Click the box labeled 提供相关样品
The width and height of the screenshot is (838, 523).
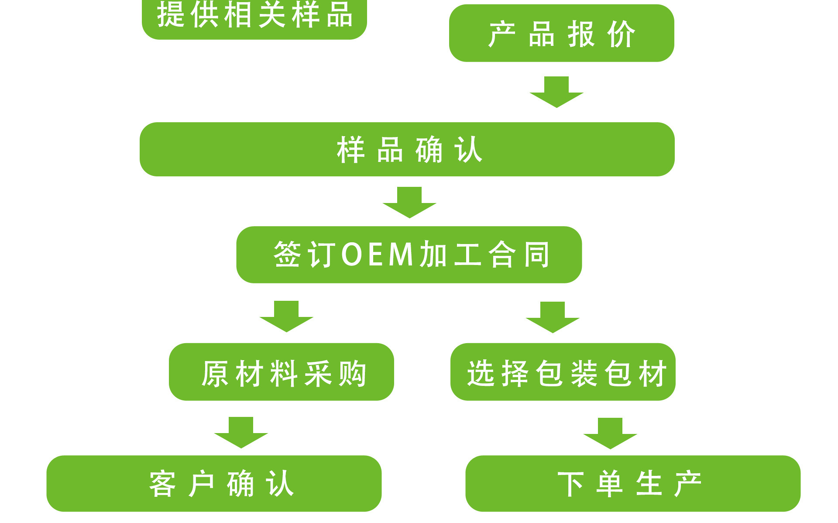point(254,17)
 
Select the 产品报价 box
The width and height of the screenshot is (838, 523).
point(561,34)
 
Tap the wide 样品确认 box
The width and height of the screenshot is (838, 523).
point(407,149)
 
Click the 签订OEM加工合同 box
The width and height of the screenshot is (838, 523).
point(409,255)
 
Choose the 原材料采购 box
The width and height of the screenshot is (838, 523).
point(282,372)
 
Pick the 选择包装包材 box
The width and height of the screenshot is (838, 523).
point(563,372)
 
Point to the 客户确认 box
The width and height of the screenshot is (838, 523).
point(214,483)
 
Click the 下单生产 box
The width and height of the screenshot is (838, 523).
point(632,483)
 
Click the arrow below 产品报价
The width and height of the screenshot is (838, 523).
point(556,93)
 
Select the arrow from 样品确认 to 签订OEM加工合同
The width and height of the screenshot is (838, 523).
point(409,203)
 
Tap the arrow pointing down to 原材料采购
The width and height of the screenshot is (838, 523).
point(286,317)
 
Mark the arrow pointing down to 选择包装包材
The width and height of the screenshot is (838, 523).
point(553,318)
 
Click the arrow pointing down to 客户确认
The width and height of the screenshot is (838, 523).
point(241,433)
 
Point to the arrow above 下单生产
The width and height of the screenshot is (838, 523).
point(610,434)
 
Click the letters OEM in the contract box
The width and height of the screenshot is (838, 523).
point(377,255)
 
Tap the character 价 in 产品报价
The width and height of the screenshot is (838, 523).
point(622,34)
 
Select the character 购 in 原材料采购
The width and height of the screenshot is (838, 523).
point(353,373)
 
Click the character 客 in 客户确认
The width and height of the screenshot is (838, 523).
point(162,484)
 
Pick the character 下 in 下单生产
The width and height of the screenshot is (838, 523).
point(570,484)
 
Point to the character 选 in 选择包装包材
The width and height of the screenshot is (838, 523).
point(481,373)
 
